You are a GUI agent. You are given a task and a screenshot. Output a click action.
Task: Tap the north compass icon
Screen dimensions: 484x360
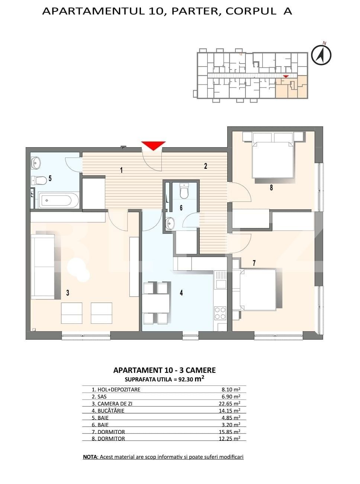point(321,55)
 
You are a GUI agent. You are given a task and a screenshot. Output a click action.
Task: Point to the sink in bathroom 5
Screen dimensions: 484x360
point(36,162)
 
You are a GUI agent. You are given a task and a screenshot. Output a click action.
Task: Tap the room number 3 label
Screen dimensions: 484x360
point(68,293)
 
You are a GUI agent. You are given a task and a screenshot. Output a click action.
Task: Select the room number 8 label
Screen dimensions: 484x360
point(271,188)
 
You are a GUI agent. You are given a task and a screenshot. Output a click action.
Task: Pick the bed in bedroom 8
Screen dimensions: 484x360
point(271,160)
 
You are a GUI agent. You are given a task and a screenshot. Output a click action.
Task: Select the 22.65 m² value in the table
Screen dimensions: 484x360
point(231,404)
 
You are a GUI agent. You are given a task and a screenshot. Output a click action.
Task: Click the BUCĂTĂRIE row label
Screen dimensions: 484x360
point(108,411)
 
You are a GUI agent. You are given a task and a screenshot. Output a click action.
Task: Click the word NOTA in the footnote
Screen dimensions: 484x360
point(90,457)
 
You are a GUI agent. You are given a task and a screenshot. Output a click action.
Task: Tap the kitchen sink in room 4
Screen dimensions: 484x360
point(220,280)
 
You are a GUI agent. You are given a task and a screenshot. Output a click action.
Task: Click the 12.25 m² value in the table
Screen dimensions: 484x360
point(231,439)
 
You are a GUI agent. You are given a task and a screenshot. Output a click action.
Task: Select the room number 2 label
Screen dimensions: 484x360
point(206,166)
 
